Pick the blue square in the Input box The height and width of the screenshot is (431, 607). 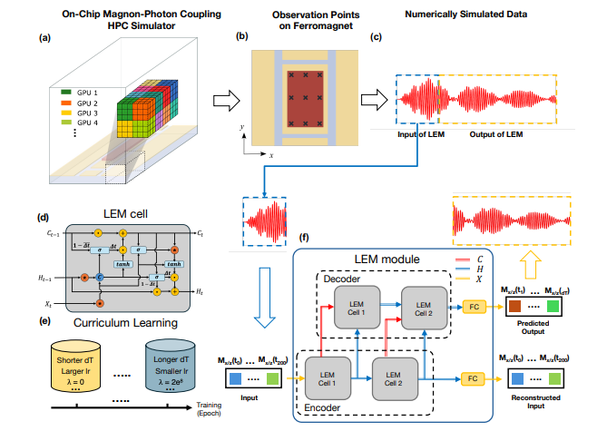[x=234, y=378]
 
